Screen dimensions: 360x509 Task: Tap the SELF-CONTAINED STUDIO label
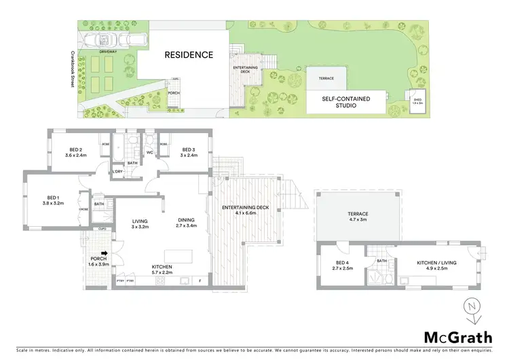[x=345, y=102]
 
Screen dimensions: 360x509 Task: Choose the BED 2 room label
[x=75, y=153]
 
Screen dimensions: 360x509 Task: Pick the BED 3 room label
[x=189, y=153]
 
